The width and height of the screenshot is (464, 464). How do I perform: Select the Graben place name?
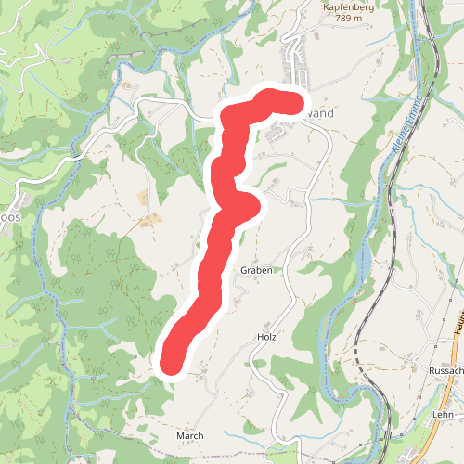(x=255, y=269)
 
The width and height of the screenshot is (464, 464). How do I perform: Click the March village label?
(x=189, y=435)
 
